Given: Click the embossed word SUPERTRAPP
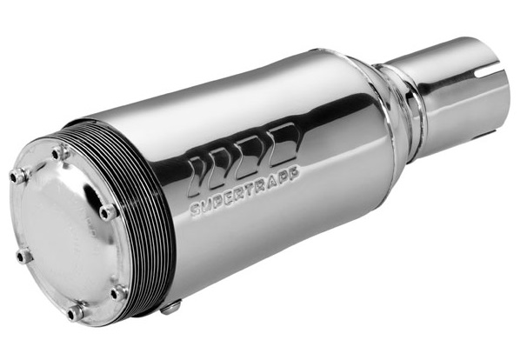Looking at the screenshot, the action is click(245, 191).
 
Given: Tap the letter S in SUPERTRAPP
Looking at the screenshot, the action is click(196, 210).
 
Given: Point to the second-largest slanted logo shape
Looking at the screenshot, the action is click(256, 155).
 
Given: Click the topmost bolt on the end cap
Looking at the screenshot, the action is click(60, 152).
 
